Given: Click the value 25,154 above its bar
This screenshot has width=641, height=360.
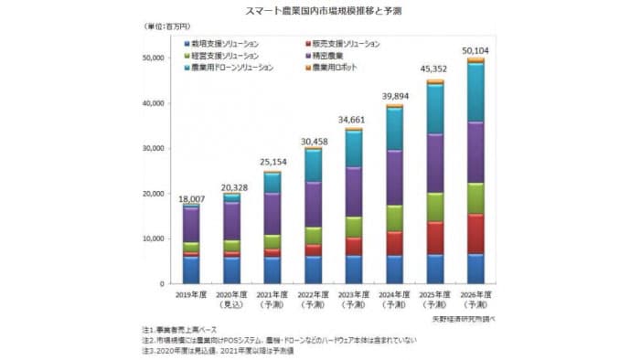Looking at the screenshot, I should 272,164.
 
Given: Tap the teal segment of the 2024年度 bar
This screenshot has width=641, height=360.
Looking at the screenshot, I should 394,129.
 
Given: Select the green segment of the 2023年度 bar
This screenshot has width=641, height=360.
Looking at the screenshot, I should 354,227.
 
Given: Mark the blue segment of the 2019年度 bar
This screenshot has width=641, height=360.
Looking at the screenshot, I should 191,270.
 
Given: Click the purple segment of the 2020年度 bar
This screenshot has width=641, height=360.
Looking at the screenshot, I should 231,220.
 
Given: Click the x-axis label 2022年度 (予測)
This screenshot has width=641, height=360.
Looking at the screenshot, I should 313,301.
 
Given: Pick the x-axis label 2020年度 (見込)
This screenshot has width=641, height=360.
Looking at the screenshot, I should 231,301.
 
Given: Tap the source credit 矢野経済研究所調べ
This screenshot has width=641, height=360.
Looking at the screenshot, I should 463,319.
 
